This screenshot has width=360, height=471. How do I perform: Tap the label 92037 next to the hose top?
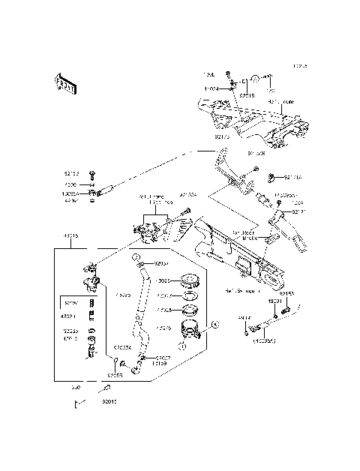pos(162,264)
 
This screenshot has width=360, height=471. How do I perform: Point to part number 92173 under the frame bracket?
pos(222,137)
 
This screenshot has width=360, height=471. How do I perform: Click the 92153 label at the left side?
pos(71,173)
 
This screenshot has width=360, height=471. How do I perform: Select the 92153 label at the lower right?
pos(287,294)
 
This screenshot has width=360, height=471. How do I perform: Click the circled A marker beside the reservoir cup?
pos(213,325)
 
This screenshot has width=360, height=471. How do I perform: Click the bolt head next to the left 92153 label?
pos(92,173)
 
